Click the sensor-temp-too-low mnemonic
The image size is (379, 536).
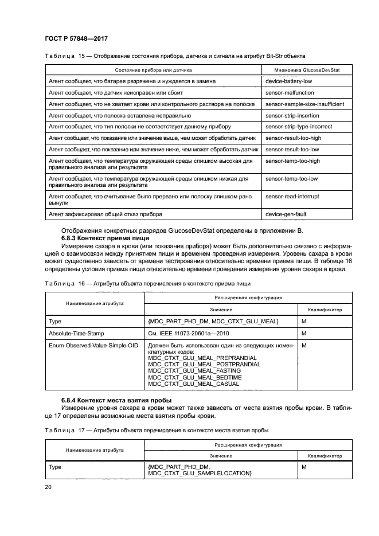[x=291, y=179]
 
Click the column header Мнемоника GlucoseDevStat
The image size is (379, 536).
[x=299, y=69]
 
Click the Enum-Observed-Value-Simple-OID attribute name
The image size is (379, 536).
[x=93, y=346]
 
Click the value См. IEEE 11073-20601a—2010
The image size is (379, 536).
[x=190, y=333]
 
